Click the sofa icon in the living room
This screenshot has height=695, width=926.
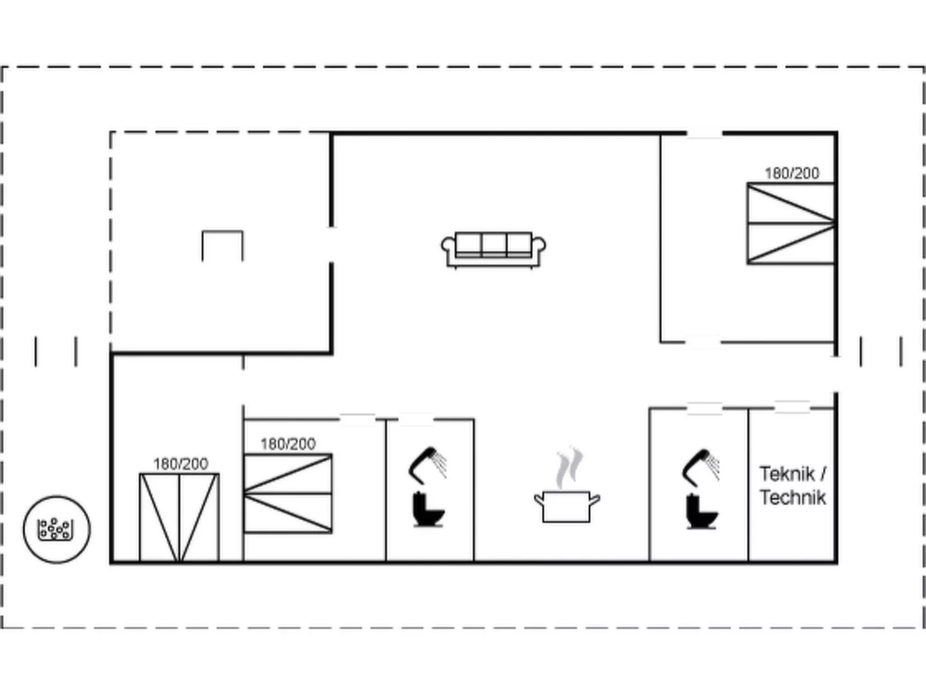coord(494,250)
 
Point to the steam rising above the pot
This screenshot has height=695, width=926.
coord(569,467)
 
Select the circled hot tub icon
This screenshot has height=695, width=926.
coord(57,529)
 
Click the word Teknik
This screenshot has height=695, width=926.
coord(787,474)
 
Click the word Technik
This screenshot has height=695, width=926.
coord(793,498)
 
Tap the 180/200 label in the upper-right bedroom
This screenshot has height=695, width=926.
coord(792,173)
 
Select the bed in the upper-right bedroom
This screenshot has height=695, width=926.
coord(791,223)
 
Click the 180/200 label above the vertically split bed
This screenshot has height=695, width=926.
coord(180,464)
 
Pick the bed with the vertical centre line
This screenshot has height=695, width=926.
coord(179,518)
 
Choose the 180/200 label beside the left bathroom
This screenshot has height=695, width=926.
coord(288,444)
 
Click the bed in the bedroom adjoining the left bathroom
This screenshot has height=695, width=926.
coord(288,493)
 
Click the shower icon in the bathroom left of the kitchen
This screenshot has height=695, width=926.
coord(427,465)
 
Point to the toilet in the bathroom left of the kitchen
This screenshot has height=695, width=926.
coord(428,509)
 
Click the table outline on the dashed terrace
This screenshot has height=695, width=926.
coord(223,246)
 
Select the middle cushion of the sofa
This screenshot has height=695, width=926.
coord(494,244)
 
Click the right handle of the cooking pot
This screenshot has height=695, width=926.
coord(595,501)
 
